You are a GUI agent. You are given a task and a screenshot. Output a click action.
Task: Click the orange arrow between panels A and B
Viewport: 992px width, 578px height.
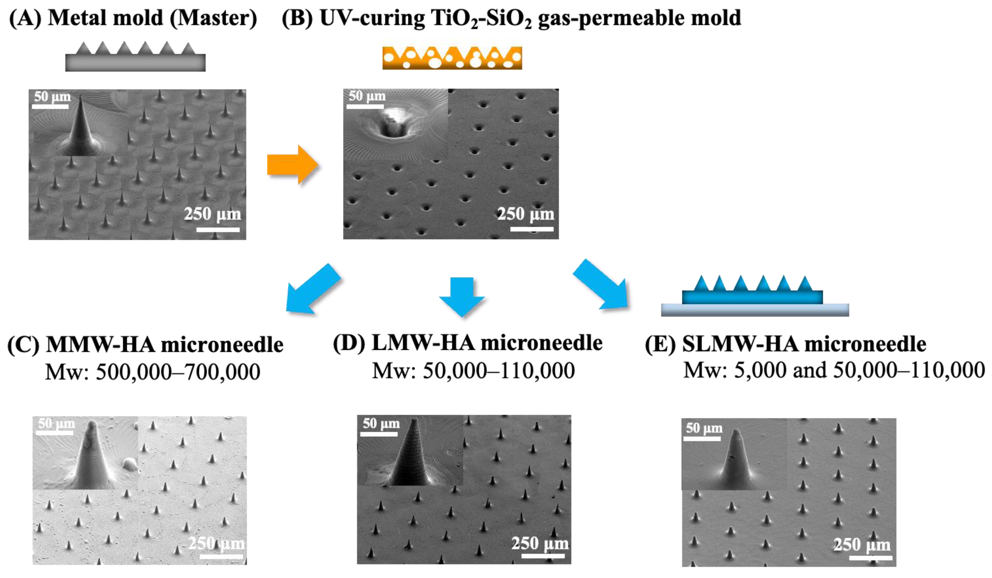point(291,164)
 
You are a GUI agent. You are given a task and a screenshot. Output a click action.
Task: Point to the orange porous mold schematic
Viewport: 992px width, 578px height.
point(452,58)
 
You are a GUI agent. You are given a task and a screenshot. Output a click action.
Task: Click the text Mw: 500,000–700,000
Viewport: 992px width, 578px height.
point(153,372)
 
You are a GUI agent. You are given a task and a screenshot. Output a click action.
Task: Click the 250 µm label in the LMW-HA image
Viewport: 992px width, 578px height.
point(540,544)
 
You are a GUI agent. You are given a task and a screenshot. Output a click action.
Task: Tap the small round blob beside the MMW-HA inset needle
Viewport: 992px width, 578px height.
point(129,465)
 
